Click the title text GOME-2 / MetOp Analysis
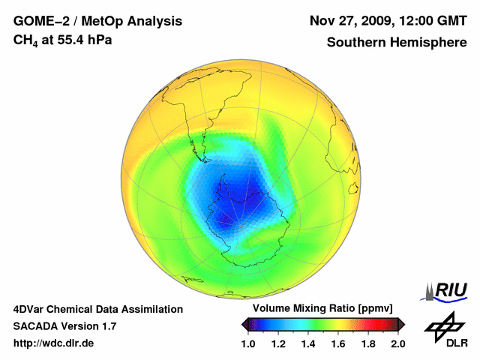[97, 21]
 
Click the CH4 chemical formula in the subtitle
[29, 41]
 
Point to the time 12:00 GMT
[430, 21]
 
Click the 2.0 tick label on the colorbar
[398, 344]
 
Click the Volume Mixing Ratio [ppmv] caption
[324, 309]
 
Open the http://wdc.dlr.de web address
[54, 343]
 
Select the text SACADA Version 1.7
[64, 326]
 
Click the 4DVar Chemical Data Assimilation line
[98, 309]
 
